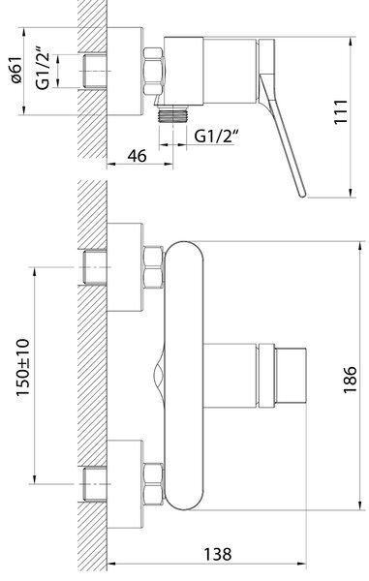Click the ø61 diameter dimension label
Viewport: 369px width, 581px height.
point(16,70)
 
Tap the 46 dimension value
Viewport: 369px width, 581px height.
point(137,156)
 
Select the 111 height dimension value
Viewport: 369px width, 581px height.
point(341,112)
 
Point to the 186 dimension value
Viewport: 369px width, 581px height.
point(350,380)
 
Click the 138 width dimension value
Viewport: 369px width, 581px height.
point(218,554)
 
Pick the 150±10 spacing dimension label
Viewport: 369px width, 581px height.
point(22,368)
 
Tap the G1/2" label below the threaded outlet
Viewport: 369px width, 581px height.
point(216,136)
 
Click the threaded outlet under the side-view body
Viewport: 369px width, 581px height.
point(172,113)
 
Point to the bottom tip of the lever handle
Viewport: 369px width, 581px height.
point(303,196)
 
